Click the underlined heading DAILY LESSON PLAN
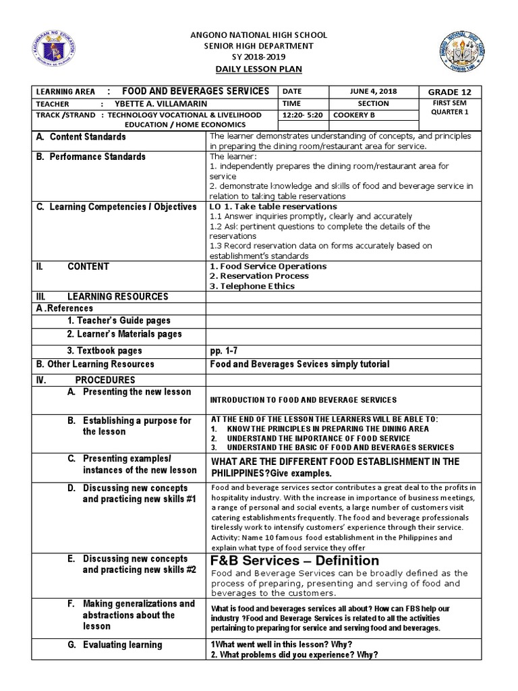pos(259,70)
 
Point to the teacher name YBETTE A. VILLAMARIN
pos(166,104)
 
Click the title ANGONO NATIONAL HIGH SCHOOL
pos(259,34)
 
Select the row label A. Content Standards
pos(81,136)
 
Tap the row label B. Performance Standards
pos(90,157)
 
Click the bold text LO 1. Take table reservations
pos(274,206)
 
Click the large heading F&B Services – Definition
pos(295,561)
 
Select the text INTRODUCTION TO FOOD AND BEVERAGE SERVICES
pos(304,400)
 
